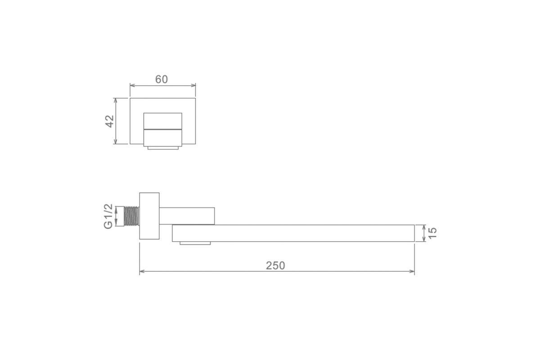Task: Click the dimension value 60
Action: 161,79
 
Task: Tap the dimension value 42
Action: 109,121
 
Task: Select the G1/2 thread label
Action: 108,216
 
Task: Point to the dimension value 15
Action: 433,233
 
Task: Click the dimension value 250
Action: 275,265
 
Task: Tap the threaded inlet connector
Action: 131,216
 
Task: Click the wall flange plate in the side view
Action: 149,216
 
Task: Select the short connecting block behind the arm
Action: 187,216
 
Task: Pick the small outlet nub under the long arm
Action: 195,243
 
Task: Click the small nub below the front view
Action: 163,148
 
